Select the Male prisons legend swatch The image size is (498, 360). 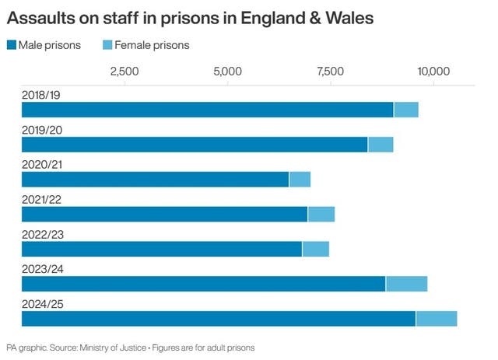[x=13, y=45]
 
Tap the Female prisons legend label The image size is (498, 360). [x=151, y=45]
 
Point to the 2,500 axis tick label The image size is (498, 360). [x=124, y=72]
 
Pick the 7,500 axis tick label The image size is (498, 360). [x=331, y=72]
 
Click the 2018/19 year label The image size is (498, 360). [x=42, y=95]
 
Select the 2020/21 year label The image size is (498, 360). [x=42, y=164]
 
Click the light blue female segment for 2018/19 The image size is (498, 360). [x=405, y=110]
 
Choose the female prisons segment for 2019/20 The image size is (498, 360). [x=380, y=144]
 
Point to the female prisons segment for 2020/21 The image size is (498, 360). [x=300, y=179]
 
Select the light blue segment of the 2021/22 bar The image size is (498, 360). [x=321, y=214]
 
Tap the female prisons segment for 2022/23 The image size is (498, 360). [x=315, y=249]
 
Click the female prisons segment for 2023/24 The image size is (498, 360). [x=406, y=283]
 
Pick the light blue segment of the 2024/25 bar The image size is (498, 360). [x=436, y=318]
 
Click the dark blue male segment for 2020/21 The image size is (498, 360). [x=156, y=179]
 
